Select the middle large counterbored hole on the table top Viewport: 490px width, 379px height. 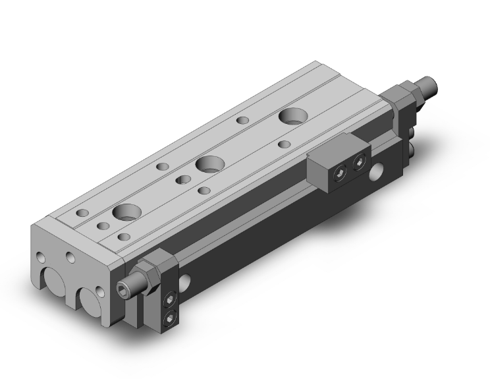point(209,163)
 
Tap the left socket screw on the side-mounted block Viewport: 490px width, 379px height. point(340,173)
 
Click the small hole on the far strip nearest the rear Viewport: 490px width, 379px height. point(243,121)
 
